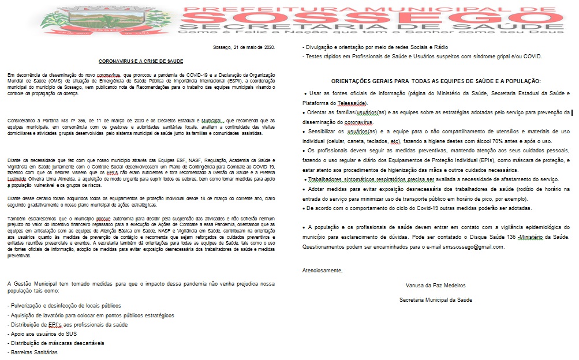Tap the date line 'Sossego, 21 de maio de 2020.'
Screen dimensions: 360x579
(244, 47)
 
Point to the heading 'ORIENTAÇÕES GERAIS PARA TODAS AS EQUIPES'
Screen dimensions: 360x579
(436, 81)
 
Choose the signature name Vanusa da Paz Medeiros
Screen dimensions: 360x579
(436, 285)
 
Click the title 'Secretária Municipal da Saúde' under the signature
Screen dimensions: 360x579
(436, 299)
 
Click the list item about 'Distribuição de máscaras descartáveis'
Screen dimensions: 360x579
(55, 343)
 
